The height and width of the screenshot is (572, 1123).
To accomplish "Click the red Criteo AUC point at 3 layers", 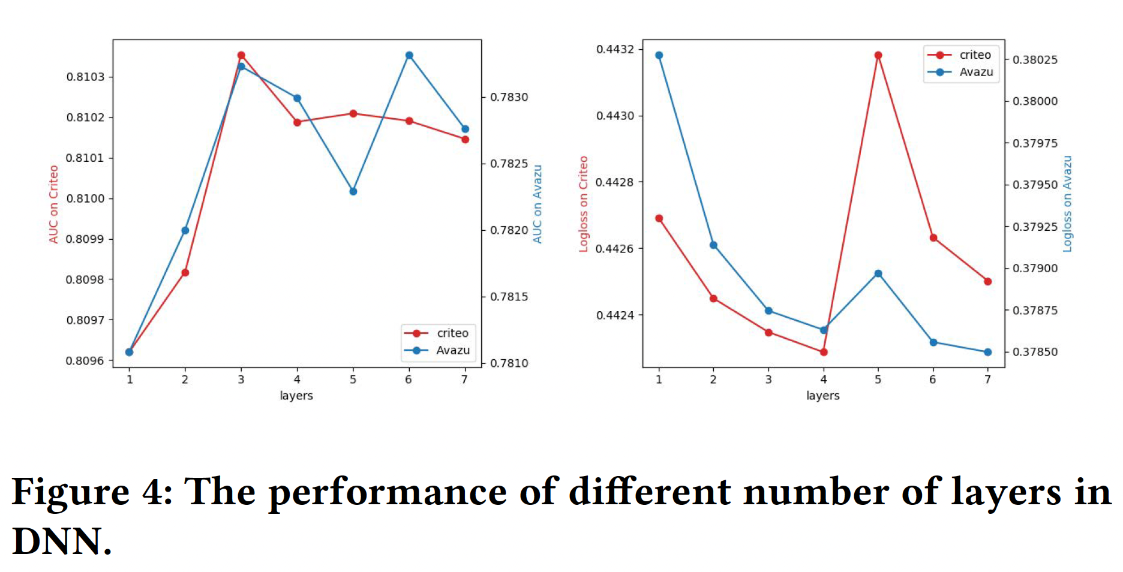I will [x=241, y=55].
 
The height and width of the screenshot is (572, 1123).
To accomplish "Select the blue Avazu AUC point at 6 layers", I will [x=409, y=55].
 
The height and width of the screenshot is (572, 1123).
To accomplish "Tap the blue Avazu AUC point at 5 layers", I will [x=353, y=191].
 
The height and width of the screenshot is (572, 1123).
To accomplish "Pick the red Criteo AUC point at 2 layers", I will [x=185, y=273].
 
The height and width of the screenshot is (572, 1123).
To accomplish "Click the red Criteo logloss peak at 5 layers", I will [x=878, y=55].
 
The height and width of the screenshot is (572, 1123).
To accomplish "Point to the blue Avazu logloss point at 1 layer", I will [x=659, y=55].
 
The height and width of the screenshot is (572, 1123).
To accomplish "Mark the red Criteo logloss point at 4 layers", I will [x=824, y=352].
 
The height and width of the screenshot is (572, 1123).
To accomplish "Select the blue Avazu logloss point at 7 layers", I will [x=988, y=352].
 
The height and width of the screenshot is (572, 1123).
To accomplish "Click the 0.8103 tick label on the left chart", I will [x=85, y=77].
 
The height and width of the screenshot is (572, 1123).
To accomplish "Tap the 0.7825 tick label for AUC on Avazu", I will [x=509, y=164].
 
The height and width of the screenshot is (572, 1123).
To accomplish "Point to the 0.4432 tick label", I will [x=615, y=49].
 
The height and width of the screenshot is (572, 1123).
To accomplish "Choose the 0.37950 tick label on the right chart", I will [x=1035, y=185].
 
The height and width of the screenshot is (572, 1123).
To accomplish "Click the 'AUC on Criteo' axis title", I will [x=54, y=204].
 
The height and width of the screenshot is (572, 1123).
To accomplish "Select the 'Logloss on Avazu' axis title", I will [x=1067, y=204].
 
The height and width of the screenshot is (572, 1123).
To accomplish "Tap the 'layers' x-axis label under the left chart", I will [x=296, y=396].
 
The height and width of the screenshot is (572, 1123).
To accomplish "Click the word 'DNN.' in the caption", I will [x=62, y=541].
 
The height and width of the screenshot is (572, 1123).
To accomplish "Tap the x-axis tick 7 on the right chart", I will [x=987, y=380].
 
